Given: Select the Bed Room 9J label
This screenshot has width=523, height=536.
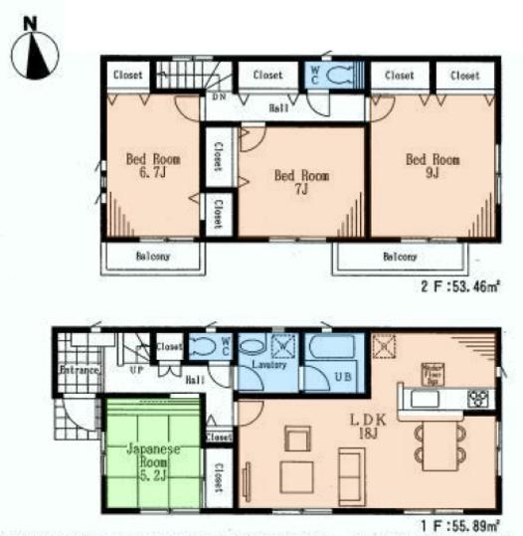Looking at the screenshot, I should click(432, 164).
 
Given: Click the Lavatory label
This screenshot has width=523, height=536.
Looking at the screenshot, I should click(269, 365).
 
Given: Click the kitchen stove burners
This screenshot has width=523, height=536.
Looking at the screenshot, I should click(476, 400).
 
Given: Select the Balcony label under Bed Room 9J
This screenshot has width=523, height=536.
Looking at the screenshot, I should click(399, 257).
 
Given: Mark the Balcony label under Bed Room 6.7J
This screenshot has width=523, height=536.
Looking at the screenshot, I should click(153, 257).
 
